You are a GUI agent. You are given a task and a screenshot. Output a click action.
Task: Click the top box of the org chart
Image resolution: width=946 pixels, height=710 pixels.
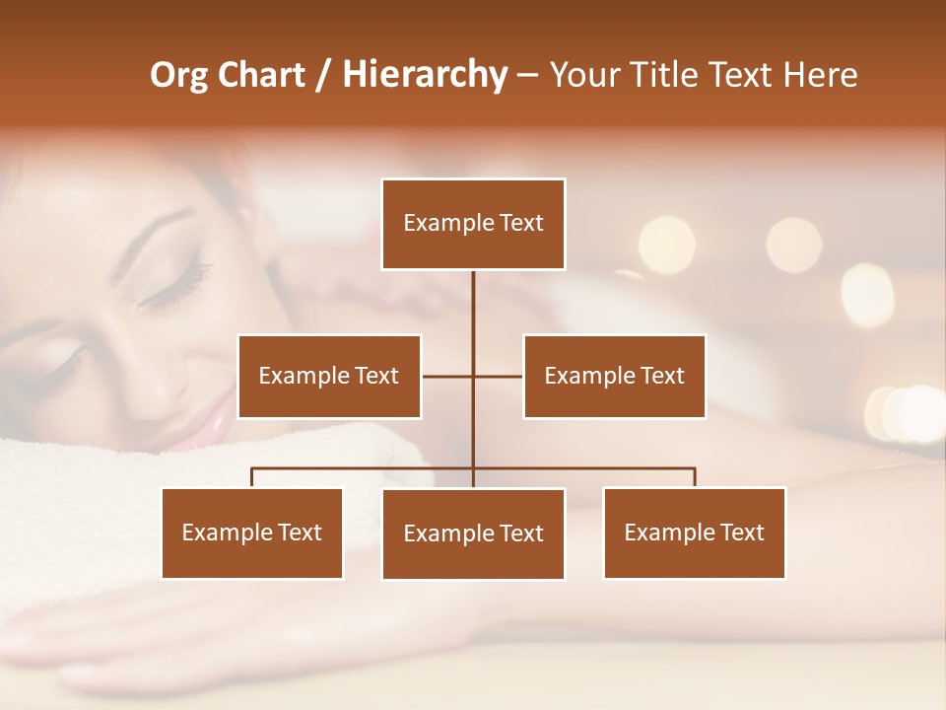coord(473,224)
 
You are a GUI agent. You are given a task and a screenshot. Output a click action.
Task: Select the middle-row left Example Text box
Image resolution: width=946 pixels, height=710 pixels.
coord(329,376)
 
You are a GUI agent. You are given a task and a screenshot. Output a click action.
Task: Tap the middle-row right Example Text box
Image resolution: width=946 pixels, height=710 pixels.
coord(614,376)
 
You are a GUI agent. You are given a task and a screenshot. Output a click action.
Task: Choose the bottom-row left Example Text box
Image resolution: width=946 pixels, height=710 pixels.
coord(252,532)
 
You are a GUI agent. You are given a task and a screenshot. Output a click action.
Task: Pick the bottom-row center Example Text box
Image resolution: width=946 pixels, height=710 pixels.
coord(473,533)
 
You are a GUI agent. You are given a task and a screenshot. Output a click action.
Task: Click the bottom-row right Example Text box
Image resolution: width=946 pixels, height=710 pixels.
coord(694,532)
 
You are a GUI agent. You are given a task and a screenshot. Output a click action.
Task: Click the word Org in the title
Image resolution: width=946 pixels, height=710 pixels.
coord(179,75)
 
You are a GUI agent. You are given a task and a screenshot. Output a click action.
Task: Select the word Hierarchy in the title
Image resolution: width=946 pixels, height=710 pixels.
coord(425,75)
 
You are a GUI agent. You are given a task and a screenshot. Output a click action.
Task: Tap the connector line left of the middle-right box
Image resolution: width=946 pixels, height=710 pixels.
coord(499,376)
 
